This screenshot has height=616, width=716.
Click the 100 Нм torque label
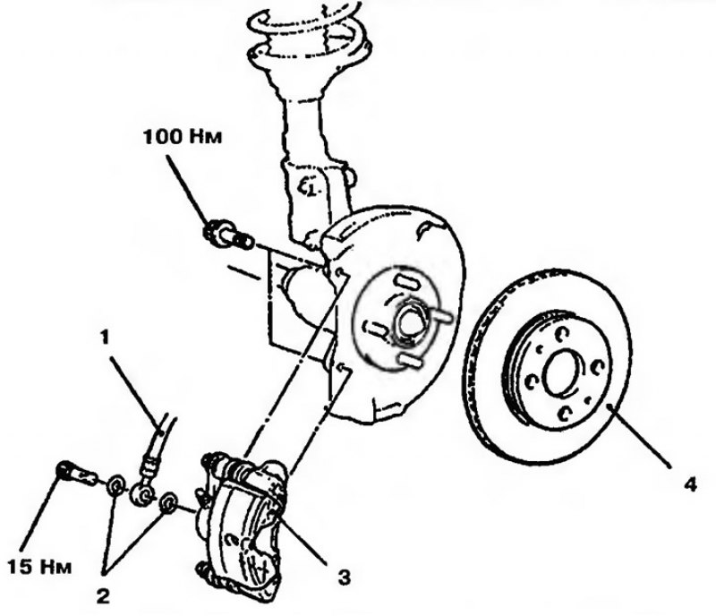(183, 136)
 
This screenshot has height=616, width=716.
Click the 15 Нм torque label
(39, 567)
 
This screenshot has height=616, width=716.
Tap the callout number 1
(105, 338)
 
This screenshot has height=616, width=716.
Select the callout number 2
(103, 596)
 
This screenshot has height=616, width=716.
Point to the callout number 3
(344, 577)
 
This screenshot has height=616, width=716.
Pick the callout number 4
(690, 483)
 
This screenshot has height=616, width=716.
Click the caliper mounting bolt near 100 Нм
(227, 234)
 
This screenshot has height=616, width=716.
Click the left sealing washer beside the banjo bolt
(115, 486)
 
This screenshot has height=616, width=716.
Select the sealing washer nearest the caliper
(169, 503)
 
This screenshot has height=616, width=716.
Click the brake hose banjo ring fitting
(141, 495)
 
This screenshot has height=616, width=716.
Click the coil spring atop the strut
(311, 34)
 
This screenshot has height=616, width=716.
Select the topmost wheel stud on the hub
(406, 281)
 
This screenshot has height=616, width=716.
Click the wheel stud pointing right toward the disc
(440, 316)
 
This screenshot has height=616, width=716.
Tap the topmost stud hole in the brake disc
(561, 335)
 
